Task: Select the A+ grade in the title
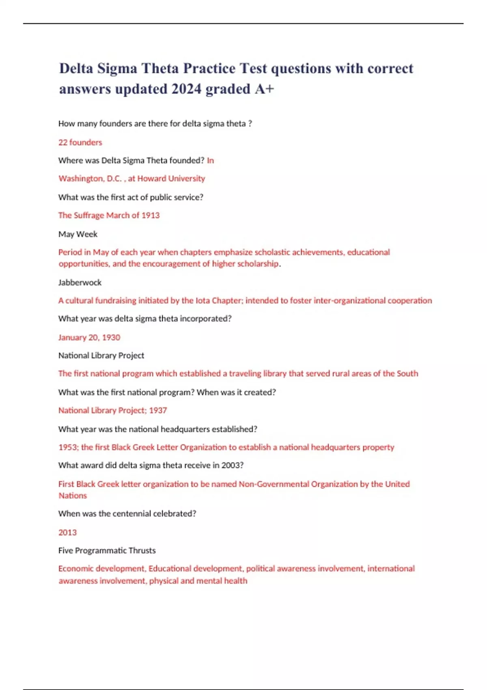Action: tap(265, 89)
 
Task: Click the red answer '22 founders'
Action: tap(80, 142)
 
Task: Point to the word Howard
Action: tap(152, 179)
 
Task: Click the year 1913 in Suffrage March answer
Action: tap(150, 216)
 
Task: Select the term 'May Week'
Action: tap(78, 234)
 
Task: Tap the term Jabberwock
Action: tap(80, 282)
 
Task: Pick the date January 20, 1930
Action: tap(89, 337)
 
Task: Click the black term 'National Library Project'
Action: tap(101, 356)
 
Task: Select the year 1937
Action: tap(158, 410)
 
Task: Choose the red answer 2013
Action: tap(67, 533)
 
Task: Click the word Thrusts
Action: tap(142, 551)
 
